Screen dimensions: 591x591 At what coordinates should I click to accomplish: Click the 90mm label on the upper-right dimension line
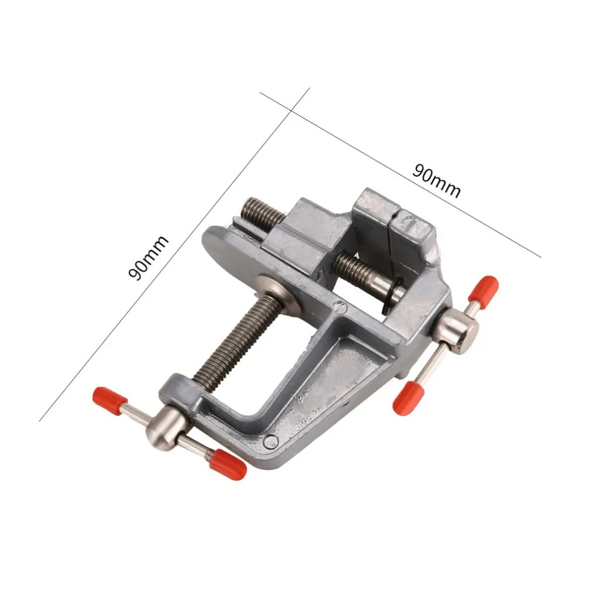tap(436, 181)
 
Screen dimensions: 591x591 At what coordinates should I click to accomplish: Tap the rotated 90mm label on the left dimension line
tap(149, 258)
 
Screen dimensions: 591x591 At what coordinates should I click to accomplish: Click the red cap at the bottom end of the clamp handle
tap(228, 463)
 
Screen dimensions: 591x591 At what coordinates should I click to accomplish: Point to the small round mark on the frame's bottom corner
tap(271, 440)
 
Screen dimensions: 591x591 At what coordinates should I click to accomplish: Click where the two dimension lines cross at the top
tap(291, 109)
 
